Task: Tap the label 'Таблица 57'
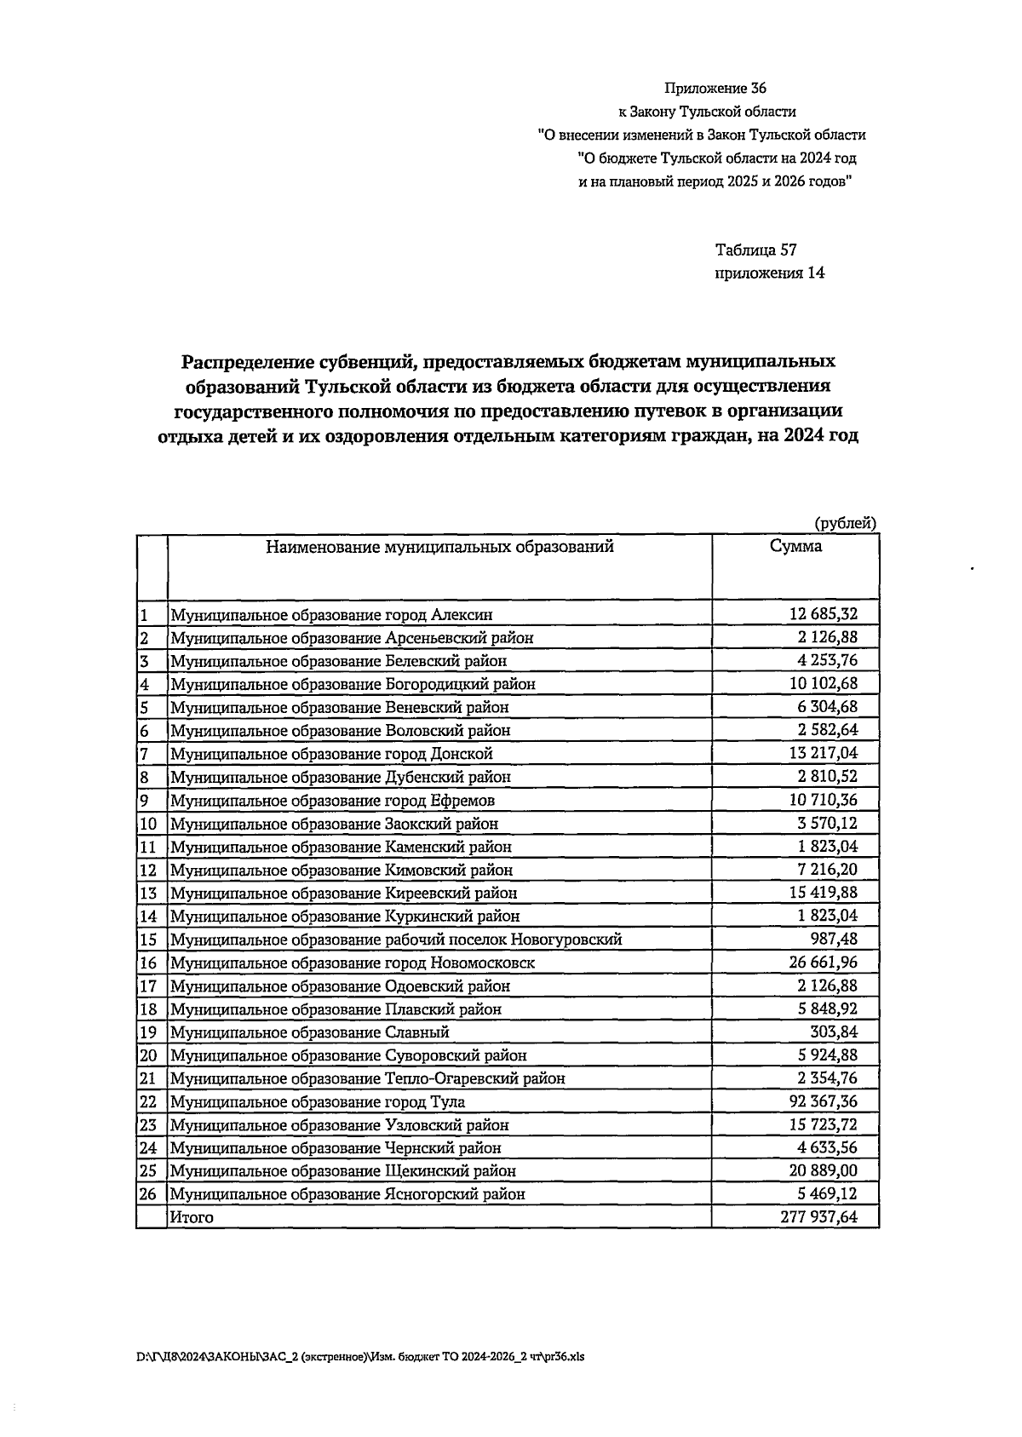tap(755, 250)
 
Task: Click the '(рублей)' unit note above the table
tap(845, 524)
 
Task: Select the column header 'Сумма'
tap(795, 548)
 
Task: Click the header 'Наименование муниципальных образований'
tap(439, 548)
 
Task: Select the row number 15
tap(148, 940)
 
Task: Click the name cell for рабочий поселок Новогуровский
tap(396, 940)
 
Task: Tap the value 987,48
tap(835, 939)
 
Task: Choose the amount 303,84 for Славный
tap(835, 1032)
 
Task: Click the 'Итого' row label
tap(192, 1217)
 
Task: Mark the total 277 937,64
tap(818, 1217)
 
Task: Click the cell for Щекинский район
tap(343, 1171)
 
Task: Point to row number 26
tap(148, 1194)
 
